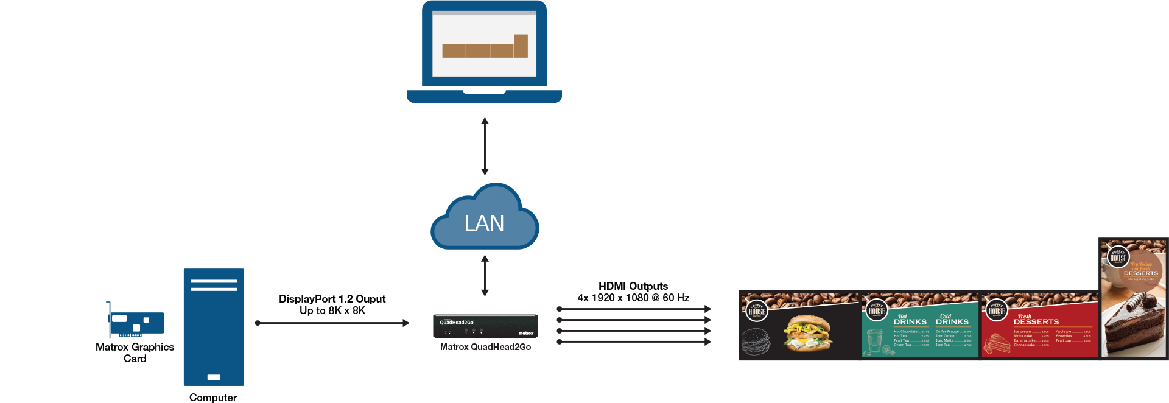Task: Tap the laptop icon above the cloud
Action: tap(484, 52)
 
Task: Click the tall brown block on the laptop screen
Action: tap(521, 46)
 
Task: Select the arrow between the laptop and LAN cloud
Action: tap(485, 146)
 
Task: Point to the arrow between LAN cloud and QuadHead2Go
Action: tap(485, 275)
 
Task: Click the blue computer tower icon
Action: tap(214, 327)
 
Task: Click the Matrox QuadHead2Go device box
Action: tap(485, 326)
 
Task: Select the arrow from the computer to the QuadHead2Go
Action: tap(332, 323)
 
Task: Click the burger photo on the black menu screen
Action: tap(808, 333)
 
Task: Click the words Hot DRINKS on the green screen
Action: tap(910, 320)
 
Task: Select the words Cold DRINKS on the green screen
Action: tap(952, 320)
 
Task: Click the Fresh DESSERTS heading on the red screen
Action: tap(1036, 320)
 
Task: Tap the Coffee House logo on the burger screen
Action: tap(757, 310)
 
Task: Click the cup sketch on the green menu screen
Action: tap(875, 341)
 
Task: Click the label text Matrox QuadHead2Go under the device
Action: tap(485, 347)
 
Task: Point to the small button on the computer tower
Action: tap(214, 377)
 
